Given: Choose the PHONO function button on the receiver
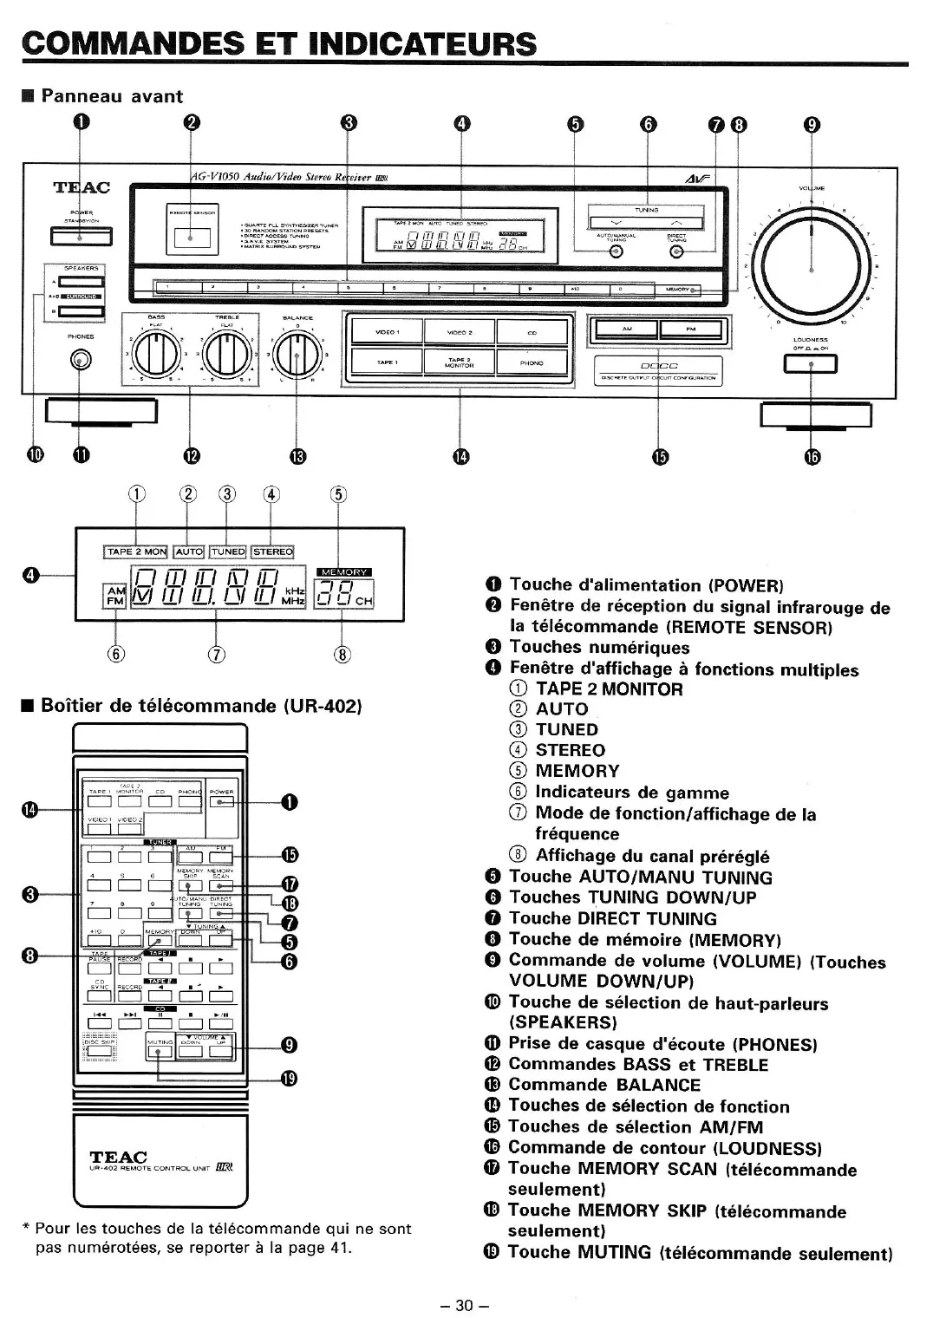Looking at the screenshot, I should coord(532,363).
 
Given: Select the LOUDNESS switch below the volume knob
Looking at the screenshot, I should coord(811,365).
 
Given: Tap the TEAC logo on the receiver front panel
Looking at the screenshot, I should coord(82,188).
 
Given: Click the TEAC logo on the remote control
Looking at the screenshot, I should coord(119,1157).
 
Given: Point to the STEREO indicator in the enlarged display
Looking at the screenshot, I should coord(272,551).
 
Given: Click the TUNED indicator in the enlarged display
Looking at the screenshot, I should coord(227,551).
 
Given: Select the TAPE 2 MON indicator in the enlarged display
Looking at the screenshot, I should coord(135,551).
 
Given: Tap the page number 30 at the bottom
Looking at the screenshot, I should coord(466,1305).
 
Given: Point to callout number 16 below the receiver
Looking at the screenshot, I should coord(812,457).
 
